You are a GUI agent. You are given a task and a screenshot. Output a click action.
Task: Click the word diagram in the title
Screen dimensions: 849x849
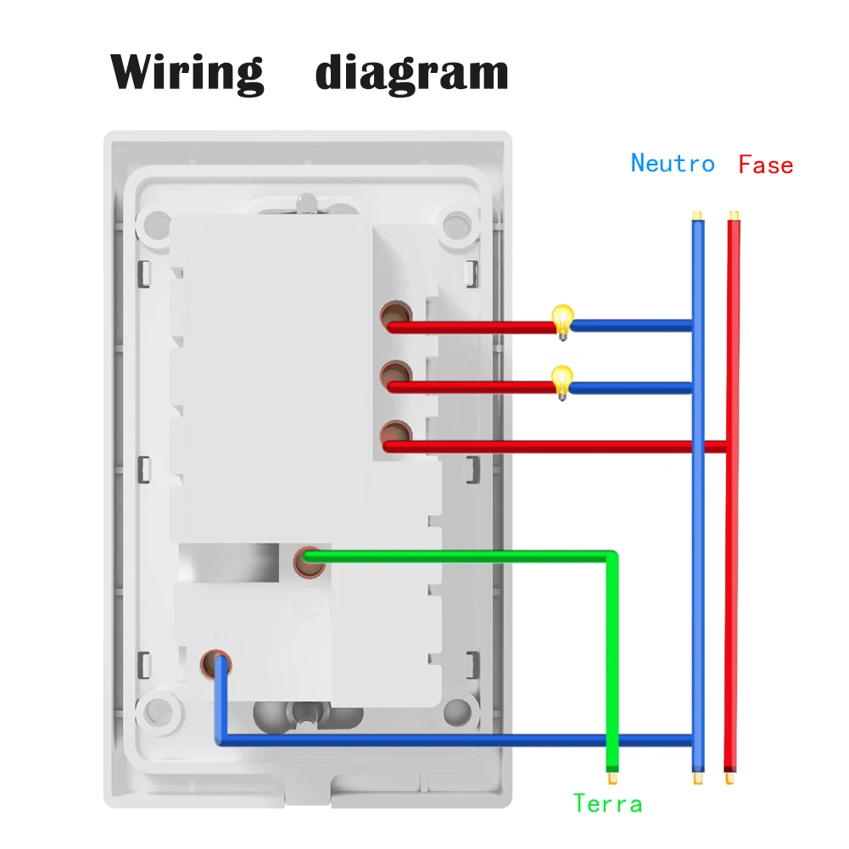click(411, 73)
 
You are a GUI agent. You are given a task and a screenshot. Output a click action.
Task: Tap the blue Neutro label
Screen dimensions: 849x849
click(673, 163)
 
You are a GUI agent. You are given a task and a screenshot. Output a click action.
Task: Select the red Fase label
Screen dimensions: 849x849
click(765, 164)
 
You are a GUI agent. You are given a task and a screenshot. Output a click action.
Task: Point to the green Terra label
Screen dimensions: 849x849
click(607, 802)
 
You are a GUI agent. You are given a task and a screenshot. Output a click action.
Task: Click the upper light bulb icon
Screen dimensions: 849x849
click(561, 321)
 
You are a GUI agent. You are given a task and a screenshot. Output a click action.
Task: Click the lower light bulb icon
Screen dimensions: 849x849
click(561, 380)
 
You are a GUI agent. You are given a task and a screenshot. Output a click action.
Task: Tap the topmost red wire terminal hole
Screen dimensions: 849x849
click(394, 316)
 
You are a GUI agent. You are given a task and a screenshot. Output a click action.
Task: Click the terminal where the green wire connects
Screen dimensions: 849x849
click(309, 560)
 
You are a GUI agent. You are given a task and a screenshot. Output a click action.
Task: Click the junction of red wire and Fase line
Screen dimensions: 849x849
click(729, 447)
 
